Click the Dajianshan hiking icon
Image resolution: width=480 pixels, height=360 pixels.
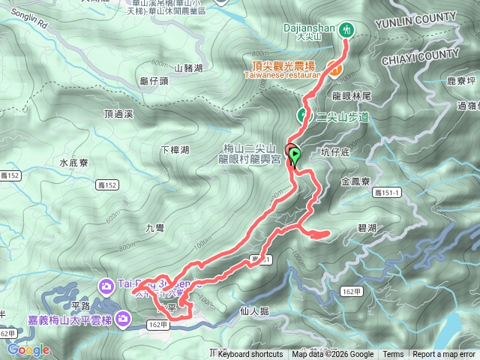[x=346, y=29]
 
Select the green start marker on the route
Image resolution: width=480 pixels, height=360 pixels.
[x=295, y=136]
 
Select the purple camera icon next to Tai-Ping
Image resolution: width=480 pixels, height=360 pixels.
[x=106, y=285]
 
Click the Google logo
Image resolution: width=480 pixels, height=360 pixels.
[x=28, y=349]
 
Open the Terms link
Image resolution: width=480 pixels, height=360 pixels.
[x=393, y=355]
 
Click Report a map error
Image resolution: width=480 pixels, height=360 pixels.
[x=444, y=355]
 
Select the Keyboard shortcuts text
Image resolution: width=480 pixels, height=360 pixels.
[x=250, y=355]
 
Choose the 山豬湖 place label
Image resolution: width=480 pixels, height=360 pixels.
[x=188, y=68]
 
